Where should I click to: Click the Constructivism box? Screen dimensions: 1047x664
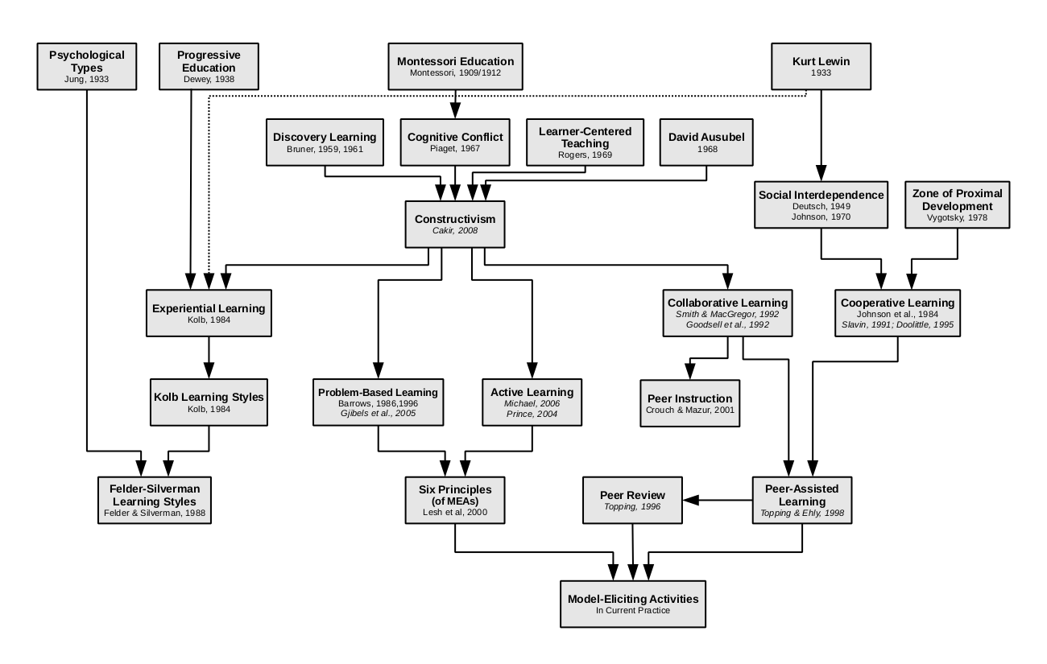pos(455,224)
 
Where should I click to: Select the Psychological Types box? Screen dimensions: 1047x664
pos(87,66)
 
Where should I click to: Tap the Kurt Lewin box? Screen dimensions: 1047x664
pos(821,66)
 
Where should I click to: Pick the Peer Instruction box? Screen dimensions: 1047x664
pos(690,403)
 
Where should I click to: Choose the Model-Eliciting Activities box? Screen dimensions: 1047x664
pos(633,604)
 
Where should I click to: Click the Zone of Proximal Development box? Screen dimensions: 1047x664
pos(958,204)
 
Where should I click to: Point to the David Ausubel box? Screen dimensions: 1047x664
pos(706,142)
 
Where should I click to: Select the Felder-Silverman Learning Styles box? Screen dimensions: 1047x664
pos(155,500)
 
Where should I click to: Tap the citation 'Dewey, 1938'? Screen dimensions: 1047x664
pos(209,80)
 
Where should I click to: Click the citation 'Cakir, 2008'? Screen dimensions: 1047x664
pos(455,231)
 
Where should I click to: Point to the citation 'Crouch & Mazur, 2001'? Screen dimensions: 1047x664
pos(690,410)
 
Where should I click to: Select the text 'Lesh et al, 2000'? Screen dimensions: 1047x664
pos(455,512)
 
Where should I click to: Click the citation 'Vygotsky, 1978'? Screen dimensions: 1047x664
pos(958,217)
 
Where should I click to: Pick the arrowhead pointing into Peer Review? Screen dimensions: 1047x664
pos(690,500)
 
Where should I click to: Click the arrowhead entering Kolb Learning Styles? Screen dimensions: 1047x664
pos(209,371)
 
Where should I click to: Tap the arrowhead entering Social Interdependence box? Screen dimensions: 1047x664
pos(821,173)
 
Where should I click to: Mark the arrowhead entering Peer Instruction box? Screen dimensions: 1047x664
pos(690,372)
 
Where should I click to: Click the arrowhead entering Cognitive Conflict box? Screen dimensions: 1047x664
pos(455,111)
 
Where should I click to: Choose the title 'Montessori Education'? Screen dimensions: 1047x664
pos(455,61)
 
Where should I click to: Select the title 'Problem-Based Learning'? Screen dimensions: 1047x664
pos(379,392)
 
